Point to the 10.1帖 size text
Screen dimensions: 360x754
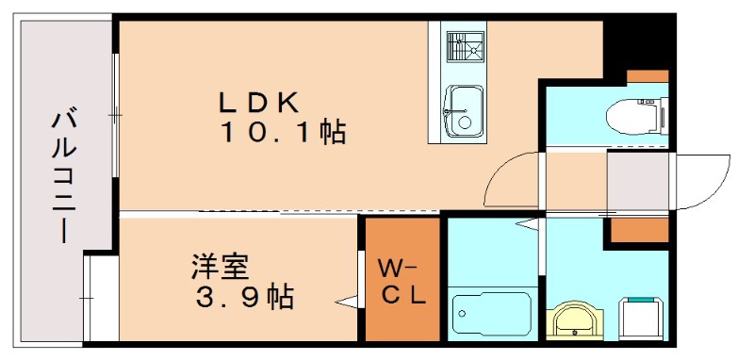coord(283,133)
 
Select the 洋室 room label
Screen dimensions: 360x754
coord(220,268)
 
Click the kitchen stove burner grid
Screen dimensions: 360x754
coord(464,48)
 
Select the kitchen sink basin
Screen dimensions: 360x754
coord(464,108)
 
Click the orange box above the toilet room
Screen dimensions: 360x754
coord(647,76)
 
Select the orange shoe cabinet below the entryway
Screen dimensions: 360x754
coord(638,229)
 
